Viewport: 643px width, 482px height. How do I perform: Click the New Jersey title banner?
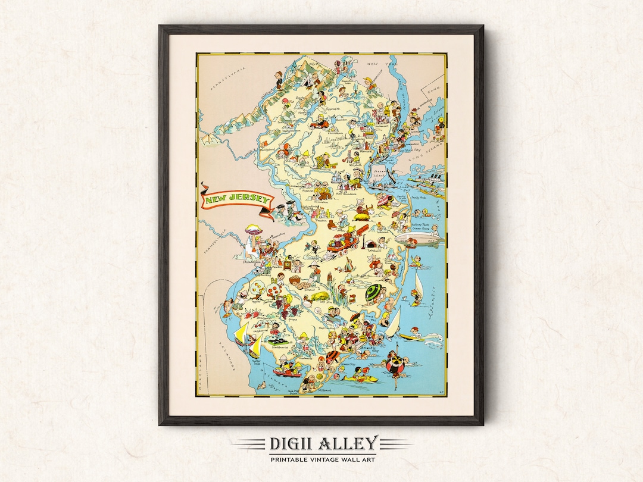[x=236, y=201]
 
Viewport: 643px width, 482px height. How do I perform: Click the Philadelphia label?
[x=250, y=261]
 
